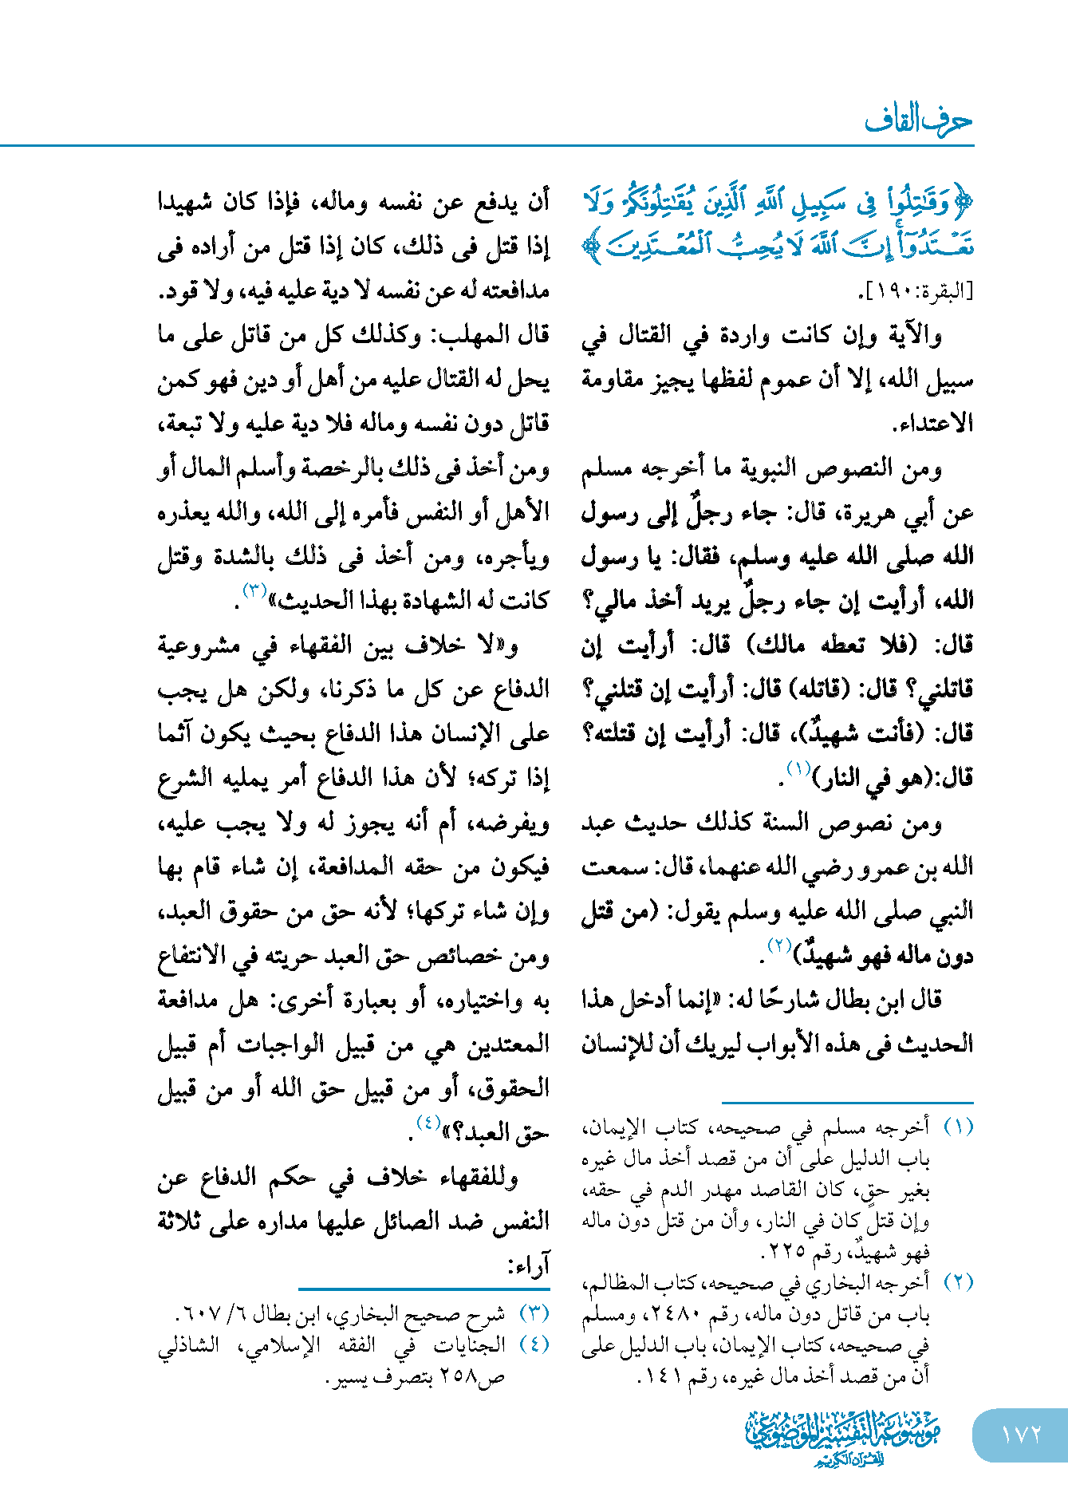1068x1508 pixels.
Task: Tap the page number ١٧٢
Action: click(x=1020, y=1434)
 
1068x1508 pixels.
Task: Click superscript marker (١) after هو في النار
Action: click(x=798, y=768)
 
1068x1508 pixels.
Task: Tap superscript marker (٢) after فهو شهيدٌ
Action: click(x=778, y=945)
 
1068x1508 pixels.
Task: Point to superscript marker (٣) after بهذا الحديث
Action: click(x=254, y=591)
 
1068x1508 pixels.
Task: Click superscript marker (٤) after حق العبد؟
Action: click(x=428, y=1123)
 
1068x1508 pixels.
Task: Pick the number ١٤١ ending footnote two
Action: click(x=663, y=1376)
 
